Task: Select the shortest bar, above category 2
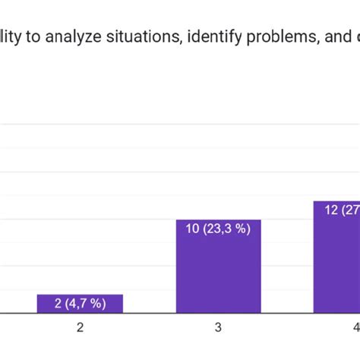coord(80,304)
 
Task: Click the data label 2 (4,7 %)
coord(80,304)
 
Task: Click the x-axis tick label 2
coord(80,328)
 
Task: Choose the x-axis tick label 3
coord(218,328)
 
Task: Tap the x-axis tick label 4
coord(355,328)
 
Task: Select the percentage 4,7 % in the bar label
coord(85,304)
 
